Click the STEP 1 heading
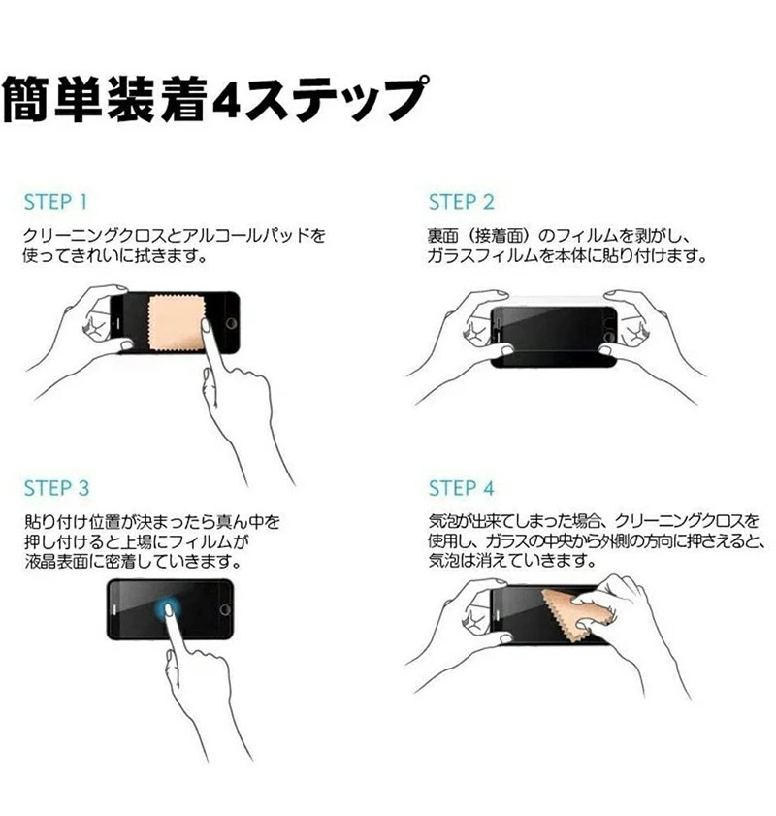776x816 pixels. click(x=55, y=202)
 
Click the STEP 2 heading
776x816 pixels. click(x=462, y=202)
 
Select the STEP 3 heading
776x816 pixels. click(x=56, y=488)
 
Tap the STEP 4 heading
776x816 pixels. click(x=462, y=488)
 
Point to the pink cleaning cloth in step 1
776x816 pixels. click(x=175, y=323)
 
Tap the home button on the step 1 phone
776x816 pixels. click(x=231, y=324)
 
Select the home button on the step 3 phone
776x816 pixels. click(x=225, y=609)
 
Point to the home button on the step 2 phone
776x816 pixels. click(x=608, y=337)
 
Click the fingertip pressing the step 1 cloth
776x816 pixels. click(x=206, y=327)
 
